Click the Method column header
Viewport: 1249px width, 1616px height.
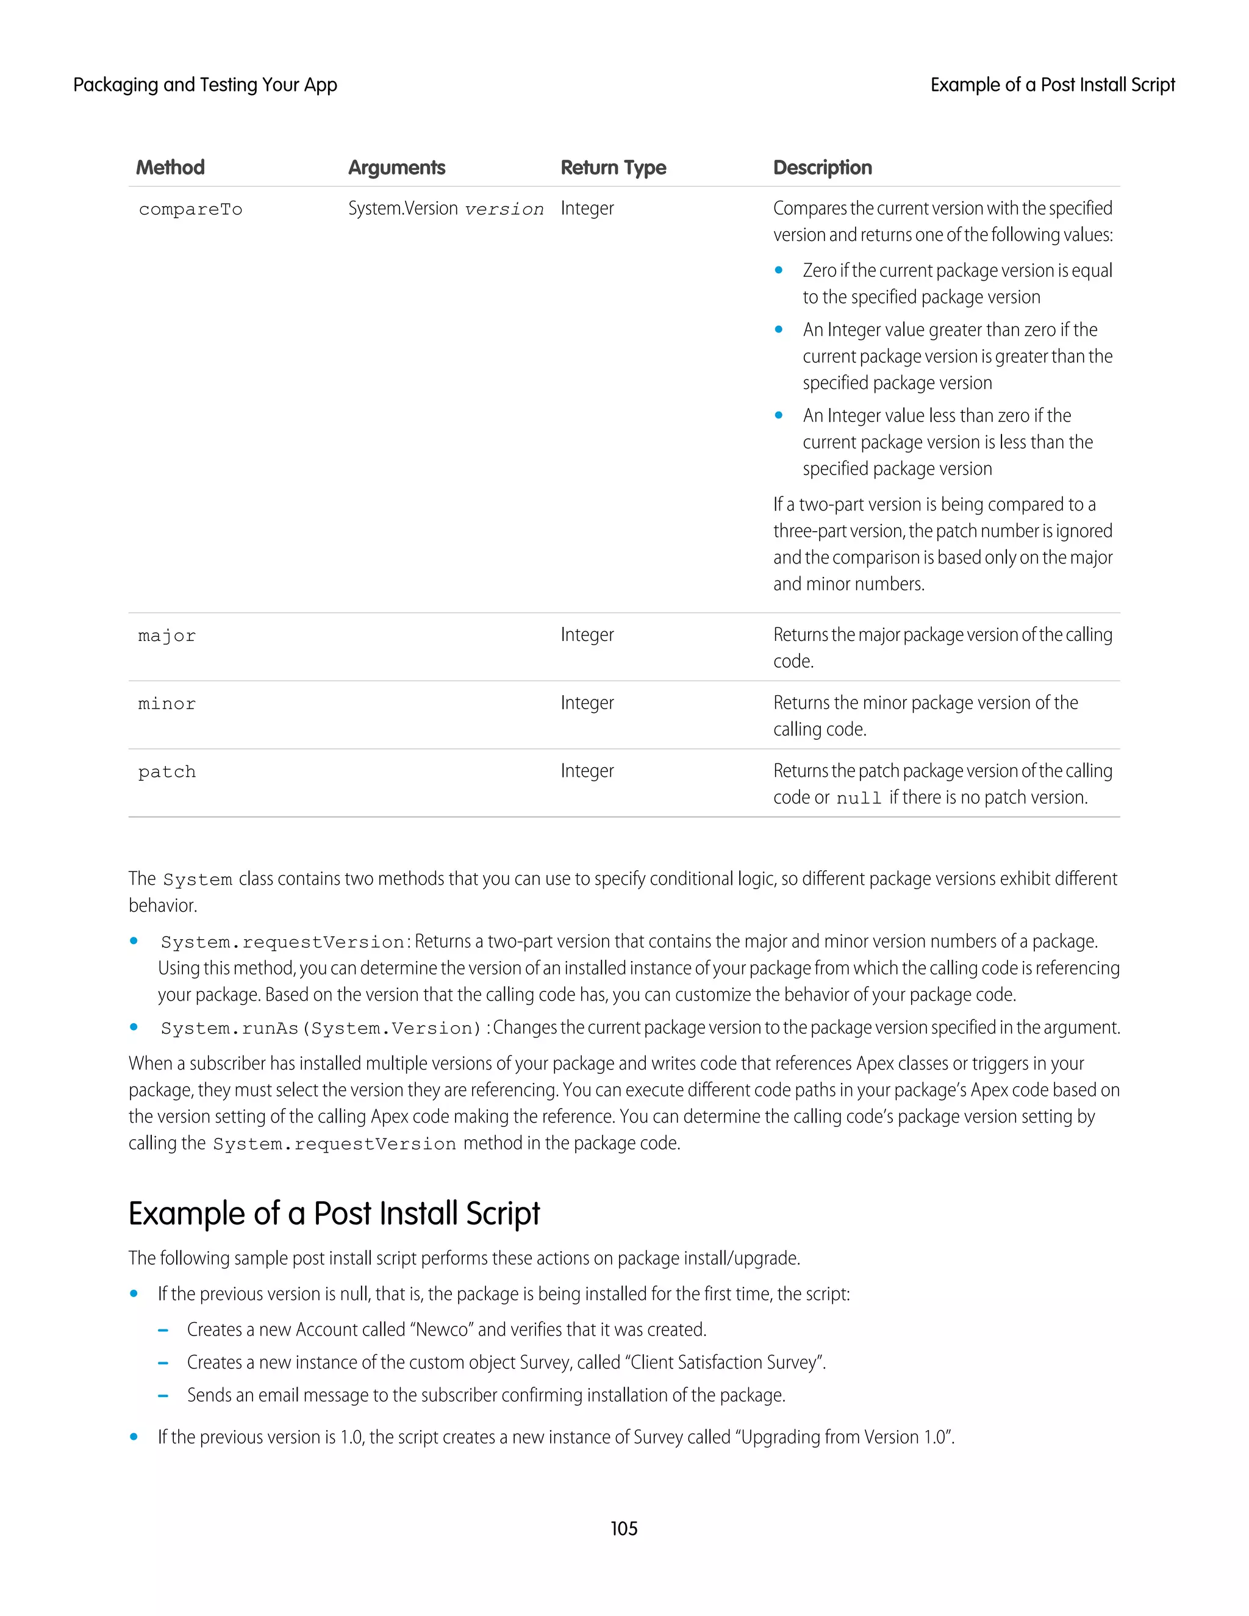pyautogui.click(x=170, y=168)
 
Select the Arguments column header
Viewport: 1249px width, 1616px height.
pyautogui.click(x=396, y=168)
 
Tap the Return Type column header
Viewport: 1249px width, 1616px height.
pyautogui.click(x=613, y=168)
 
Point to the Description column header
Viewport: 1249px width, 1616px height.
pyautogui.click(x=822, y=168)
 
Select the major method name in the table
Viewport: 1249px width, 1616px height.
pyautogui.click(x=167, y=636)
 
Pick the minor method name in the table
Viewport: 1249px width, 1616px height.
pyautogui.click(x=167, y=704)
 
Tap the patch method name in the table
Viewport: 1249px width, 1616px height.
pyautogui.click(x=167, y=773)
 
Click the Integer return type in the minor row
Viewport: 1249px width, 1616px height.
pyautogui.click(x=587, y=703)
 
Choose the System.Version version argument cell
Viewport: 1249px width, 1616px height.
pyautogui.click(x=445, y=209)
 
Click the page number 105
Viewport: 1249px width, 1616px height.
pyautogui.click(x=624, y=1529)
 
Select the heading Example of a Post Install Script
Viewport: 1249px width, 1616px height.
pyautogui.click(x=334, y=1214)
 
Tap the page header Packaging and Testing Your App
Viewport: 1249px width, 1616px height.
pyautogui.click(x=205, y=85)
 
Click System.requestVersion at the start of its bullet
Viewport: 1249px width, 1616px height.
pyautogui.click(x=282, y=943)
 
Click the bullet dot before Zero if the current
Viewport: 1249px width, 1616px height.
pyautogui.click(x=778, y=271)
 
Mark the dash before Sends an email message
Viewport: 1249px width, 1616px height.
pyautogui.click(x=163, y=1395)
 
